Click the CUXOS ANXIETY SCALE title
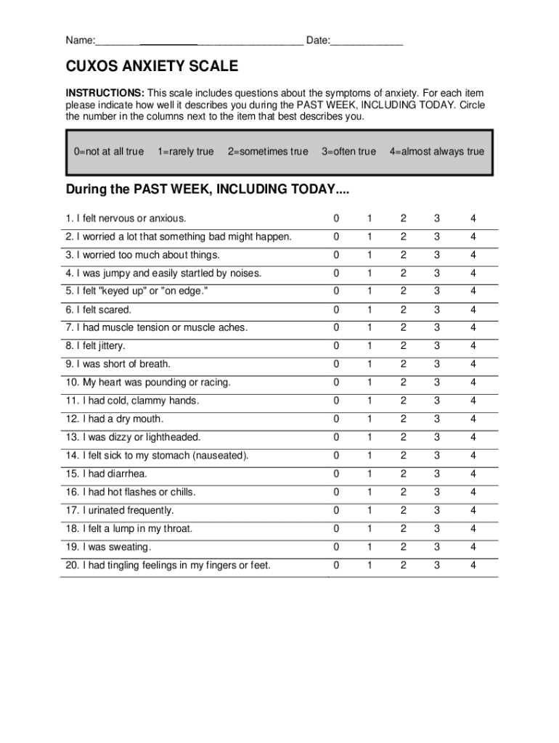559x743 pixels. click(152, 67)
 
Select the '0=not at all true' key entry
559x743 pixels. click(109, 152)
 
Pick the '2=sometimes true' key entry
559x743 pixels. click(268, 152)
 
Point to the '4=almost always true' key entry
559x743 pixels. click(436, 152)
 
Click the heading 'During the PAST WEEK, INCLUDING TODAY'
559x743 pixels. click(208, 189)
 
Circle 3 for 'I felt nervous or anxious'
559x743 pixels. click(437, 218)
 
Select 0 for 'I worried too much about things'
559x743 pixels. click(336, 255)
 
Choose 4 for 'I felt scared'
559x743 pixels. click(473, 310)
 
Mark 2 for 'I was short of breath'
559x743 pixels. click(403, 364)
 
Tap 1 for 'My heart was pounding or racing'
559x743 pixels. click(370, 382)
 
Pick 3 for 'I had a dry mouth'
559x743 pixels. click(437, 419)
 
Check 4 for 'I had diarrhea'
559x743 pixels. click(473, 474)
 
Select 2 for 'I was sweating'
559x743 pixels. click(403, 547)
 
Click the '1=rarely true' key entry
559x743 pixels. click(186, 152)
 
